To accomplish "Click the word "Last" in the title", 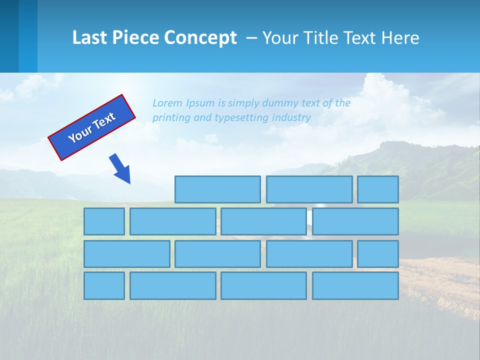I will point(89,38).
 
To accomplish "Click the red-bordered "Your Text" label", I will point(91,127).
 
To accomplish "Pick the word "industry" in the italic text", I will point(291,117).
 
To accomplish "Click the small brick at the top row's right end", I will point(377,189).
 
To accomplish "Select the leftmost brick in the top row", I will point(217,189).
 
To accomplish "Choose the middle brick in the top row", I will point(309,189).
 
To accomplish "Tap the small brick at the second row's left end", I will point(104,221).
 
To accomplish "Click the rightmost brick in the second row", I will point(355,221).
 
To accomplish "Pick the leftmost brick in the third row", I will point(126,254).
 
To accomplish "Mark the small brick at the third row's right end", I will point(377,254).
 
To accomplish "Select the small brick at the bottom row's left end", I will point(104,286).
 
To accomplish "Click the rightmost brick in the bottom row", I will point(355,286).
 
